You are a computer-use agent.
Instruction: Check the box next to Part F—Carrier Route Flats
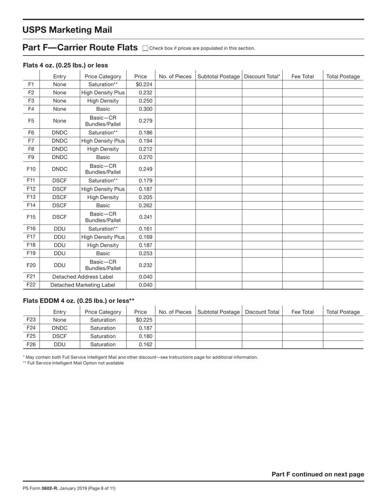pos(145,48)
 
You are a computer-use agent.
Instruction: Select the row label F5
pos(31,121)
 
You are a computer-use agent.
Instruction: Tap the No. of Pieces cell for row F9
pos(175,157)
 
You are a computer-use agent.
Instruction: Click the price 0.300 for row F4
pos(145,109)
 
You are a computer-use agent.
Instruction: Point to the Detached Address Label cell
pos(83,277)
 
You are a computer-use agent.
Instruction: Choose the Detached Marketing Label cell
pos(83,285)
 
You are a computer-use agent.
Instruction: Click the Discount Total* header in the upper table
pos(262,76)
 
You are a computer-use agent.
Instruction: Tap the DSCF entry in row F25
pos(59,336)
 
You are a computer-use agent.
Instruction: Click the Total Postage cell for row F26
pos(343,344)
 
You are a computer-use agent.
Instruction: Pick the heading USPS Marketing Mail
pos(67,30)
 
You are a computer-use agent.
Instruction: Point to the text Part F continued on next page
pos(318,474)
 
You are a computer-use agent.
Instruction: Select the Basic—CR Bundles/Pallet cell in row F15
pos(103,217)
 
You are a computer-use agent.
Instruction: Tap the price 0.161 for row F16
pos(145,229)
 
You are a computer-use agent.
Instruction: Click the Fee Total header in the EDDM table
pos(302,312)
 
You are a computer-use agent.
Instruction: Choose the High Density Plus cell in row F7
pos(103,141)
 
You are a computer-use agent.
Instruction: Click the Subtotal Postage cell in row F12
pos(218,189)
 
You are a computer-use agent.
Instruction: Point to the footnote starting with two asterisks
pos(73,363)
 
